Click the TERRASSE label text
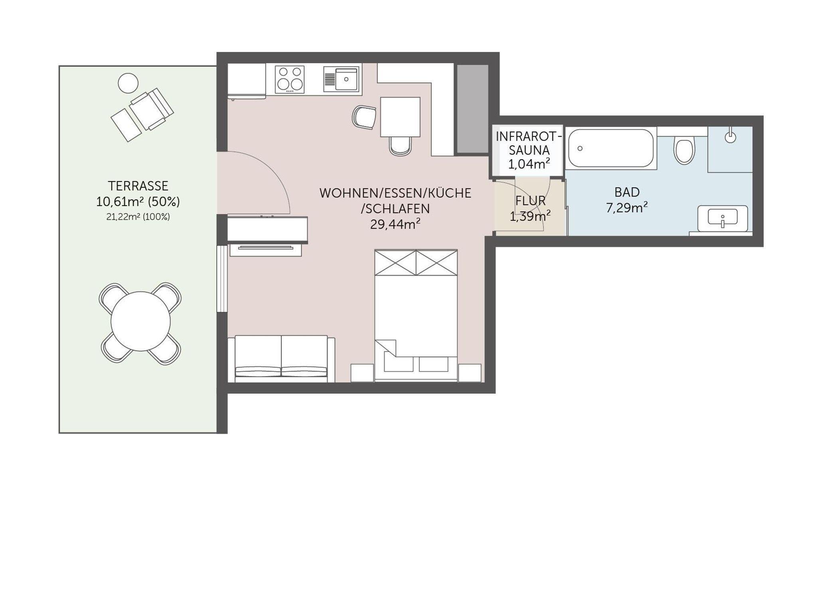[138, 186]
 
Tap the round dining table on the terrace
[140, 321]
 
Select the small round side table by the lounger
[128, 83]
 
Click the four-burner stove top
[290, 79]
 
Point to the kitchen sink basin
[346, 79]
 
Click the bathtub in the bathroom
[611, 148]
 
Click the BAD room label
[627, 192]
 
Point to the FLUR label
[530, 201]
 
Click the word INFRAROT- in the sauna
[529, 137]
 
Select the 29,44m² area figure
[395, 224]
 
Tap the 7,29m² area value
[627, 208]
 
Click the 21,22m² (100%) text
[138, 217]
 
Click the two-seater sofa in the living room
[281, 359]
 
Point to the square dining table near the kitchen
[400, 117]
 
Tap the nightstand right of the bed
[470, 373]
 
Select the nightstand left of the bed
[362, 373]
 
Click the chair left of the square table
[364, 117]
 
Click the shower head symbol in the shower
[730, 136]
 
